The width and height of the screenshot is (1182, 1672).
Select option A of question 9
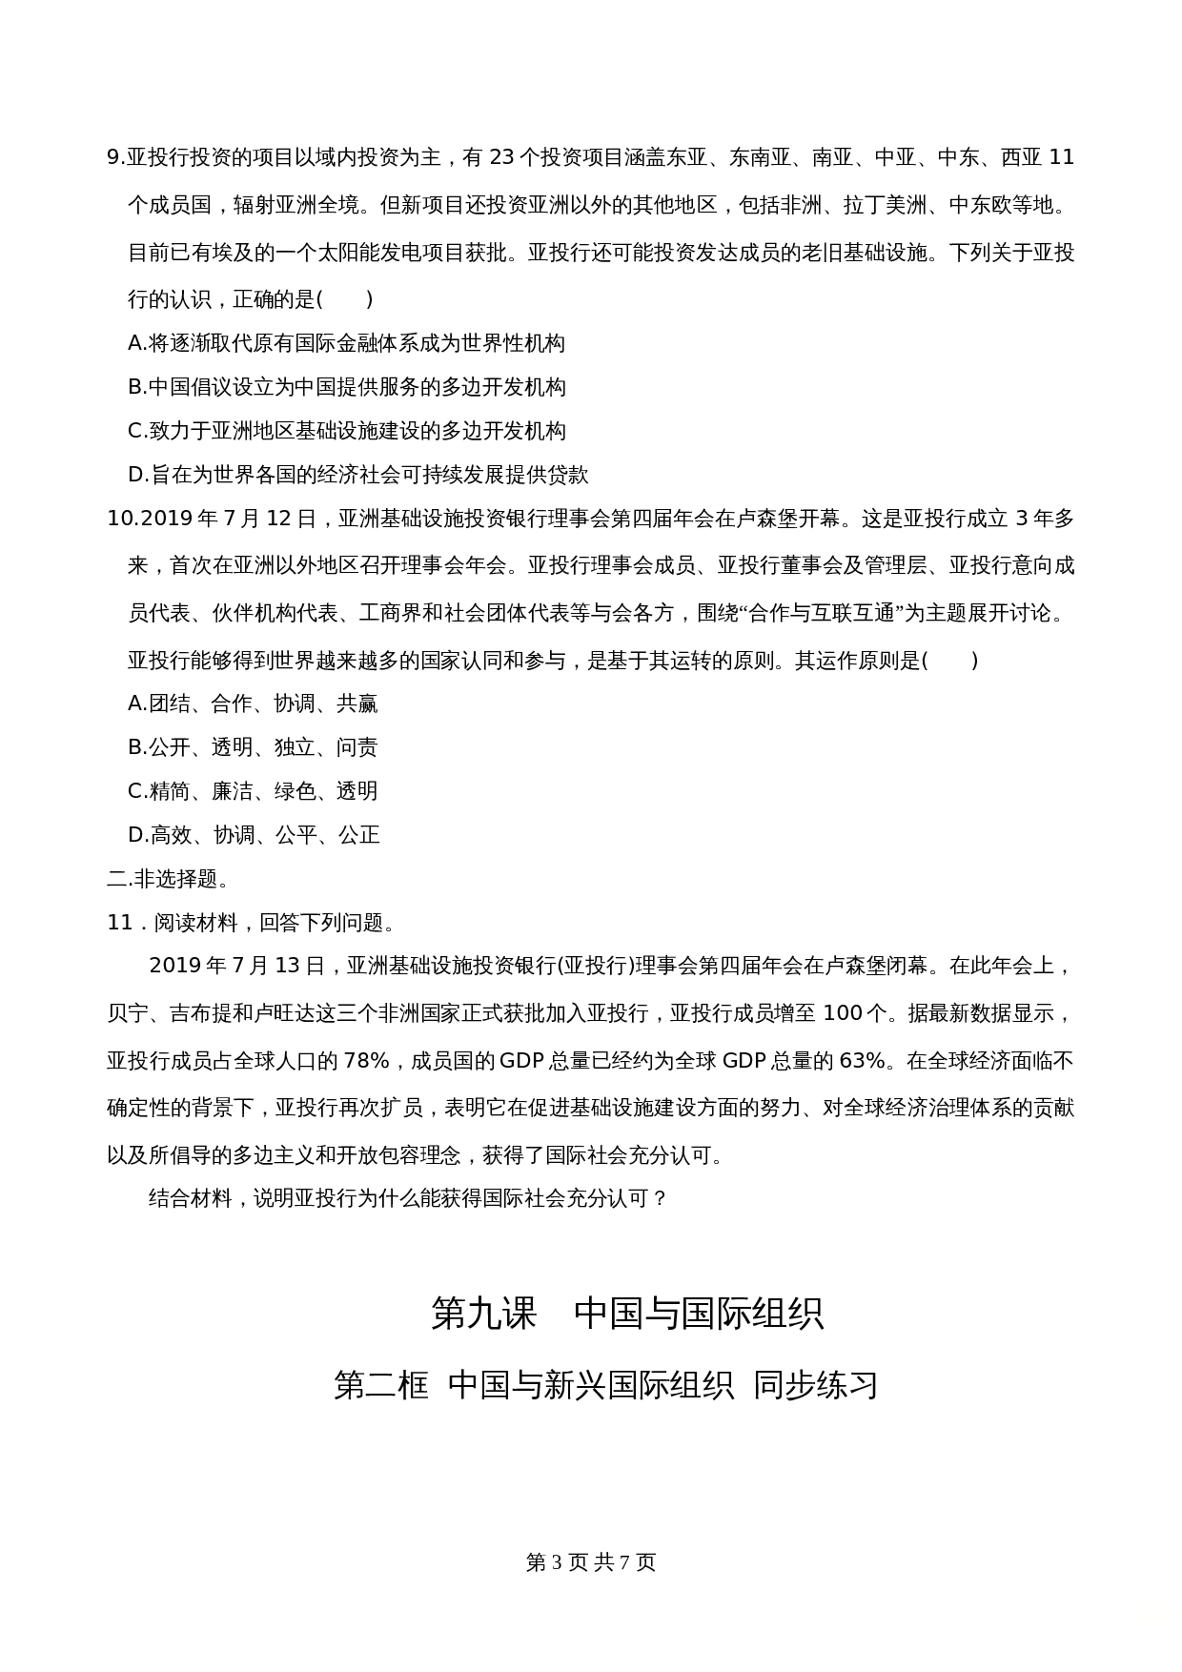click(x=346, y=343)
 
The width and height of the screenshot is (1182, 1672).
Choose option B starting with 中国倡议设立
click(x=346, y=387)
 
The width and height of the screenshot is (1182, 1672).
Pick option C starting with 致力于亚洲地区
click(x=346, y=431)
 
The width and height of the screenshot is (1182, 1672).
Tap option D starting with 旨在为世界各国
click(x=357, y=475)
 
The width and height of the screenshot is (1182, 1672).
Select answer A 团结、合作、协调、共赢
click(x=253, y=703)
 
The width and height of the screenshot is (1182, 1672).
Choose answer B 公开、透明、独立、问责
click(x=253, y=747)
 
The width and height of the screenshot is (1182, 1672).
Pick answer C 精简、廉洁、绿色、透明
click(x=253, y=791)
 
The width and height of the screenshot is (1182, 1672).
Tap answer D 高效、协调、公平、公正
click(x=254, y=835)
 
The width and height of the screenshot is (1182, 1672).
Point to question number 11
click(x=119, y=923)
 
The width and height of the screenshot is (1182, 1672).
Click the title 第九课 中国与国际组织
click(x=626, y=1314)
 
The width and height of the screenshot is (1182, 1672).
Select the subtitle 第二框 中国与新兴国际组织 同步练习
click(x=604, y=1385)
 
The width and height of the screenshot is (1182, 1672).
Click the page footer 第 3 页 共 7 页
click(x=591, y=1562)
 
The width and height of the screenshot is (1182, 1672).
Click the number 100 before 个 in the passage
click(x=842, y=1013)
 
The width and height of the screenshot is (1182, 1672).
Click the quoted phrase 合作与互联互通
click(x=822, y=613)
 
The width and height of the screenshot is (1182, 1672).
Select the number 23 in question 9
click(x=501, y=158)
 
